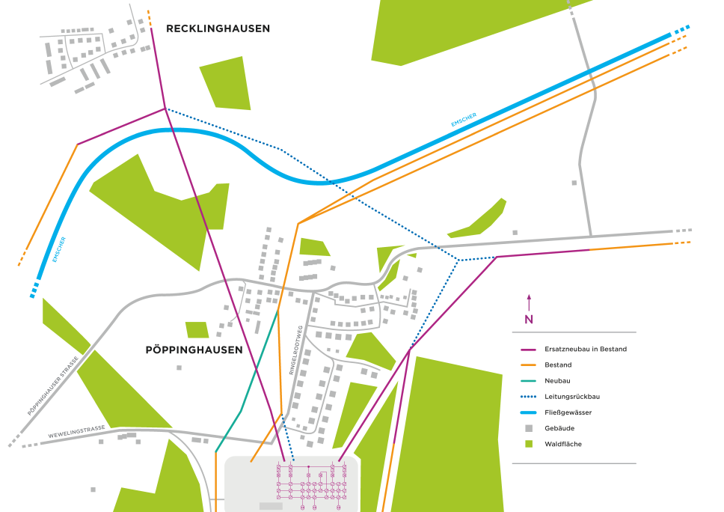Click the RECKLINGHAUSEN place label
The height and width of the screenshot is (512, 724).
218,29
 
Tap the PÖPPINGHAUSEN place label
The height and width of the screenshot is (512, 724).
194,350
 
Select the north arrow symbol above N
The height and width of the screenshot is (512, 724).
529,302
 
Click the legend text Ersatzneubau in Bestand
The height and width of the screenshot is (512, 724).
586,349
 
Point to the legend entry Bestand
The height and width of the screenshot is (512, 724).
558,365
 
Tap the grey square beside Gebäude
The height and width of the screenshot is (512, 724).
529,428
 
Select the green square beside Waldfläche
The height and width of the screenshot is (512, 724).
529,444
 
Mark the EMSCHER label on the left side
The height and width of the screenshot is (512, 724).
59,249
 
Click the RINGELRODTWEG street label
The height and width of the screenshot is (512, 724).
296,350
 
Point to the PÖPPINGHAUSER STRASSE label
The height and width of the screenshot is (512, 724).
53,386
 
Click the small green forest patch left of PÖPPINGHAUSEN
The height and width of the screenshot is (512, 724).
197,329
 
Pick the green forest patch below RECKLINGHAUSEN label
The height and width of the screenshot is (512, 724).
225,82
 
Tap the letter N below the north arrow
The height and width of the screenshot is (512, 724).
529,320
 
